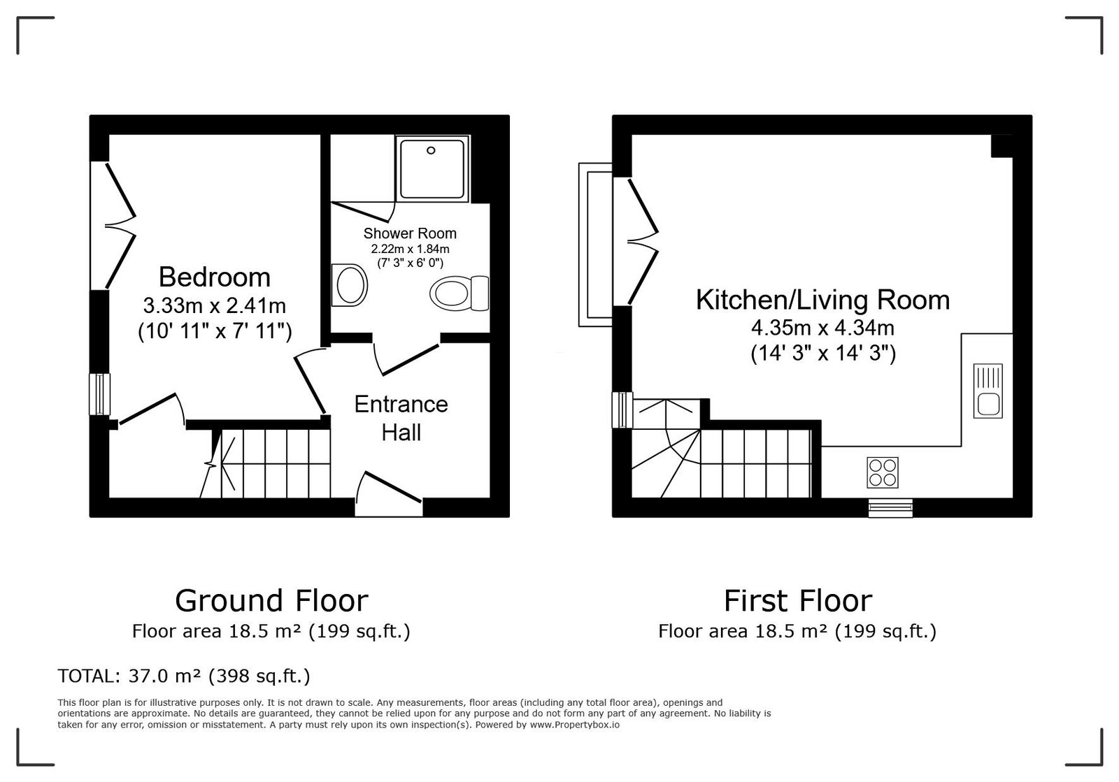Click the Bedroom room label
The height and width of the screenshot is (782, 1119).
point(214,277)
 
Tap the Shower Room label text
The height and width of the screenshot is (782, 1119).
point(410,233)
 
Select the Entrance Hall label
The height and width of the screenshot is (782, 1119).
point(401,418)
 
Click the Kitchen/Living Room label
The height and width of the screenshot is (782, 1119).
point(822,300)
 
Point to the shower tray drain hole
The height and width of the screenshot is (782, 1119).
point(431,150)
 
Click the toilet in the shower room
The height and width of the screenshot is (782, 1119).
point(459,294)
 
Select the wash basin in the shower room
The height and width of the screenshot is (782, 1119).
point(350,285)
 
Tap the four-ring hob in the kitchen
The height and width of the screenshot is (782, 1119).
point(882,472)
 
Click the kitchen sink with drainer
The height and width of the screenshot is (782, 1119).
point(988,391)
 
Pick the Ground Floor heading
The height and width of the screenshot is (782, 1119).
point(271,600)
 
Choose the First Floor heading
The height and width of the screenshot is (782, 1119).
point(798,600)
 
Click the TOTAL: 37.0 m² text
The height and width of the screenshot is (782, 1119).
point(184,676)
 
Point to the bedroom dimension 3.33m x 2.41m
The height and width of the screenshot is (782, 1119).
point(214,305)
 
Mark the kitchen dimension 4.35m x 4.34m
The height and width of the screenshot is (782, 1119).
point(822,328)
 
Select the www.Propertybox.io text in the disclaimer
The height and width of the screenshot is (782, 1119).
point(574,725)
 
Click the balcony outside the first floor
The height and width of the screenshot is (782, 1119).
point(595,245)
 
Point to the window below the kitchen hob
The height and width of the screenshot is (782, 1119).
point(890,508)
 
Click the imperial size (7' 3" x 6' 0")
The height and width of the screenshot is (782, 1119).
point(410,263)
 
